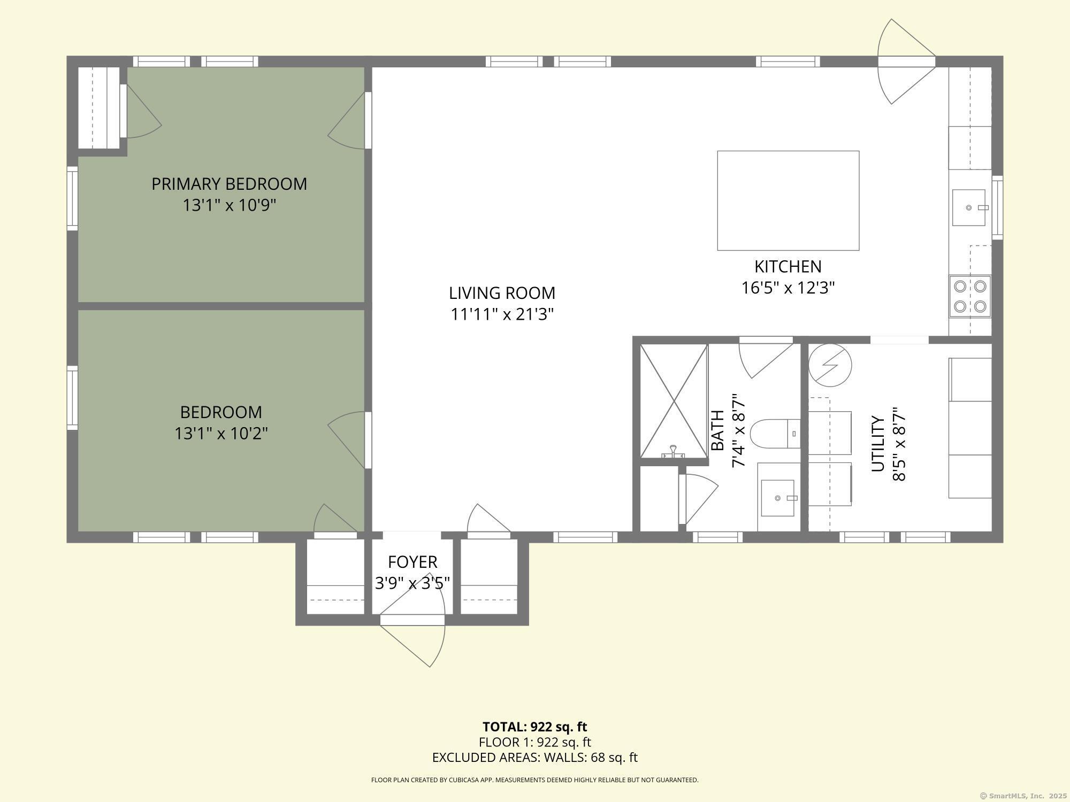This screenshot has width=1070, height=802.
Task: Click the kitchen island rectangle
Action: click(788, 200)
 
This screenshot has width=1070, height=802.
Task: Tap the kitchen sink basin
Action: click(969, 207)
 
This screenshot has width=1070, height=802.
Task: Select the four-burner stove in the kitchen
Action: click(970, 296)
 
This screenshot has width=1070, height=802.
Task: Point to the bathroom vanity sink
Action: click(777, 498)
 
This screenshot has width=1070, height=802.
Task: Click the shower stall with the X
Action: click(674, 401)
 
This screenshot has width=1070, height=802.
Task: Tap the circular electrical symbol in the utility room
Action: click(830, 366)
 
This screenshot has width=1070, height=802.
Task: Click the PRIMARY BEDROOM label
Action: click(229, 184)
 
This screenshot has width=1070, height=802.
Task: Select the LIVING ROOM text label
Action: click(502, 293)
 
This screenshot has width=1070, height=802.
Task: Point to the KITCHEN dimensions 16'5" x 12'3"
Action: click(788, 288)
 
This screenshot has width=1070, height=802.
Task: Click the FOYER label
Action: click(412, 562)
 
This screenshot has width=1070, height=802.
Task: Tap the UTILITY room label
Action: click(878, 444)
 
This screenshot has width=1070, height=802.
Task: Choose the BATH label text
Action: click(717, 430)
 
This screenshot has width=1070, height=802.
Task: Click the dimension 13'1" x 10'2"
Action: click(221, 433)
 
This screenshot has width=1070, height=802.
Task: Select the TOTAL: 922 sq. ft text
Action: click(534, 727)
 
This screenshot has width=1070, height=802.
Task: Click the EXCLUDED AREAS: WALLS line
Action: click(534, 758)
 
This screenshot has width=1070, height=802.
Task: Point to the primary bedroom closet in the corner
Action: click(99, 108)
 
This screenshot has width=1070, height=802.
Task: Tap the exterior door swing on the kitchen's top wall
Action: click(907, 61)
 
